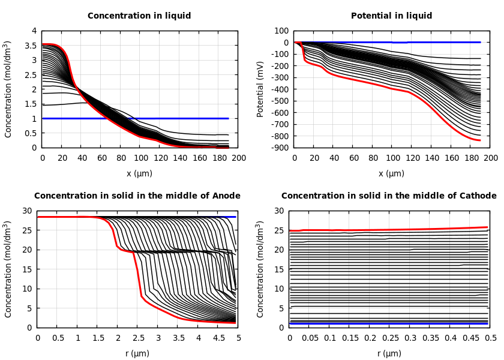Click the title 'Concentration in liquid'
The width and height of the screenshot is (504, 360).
[139, 16]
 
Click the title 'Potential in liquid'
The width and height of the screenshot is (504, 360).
[391, 16]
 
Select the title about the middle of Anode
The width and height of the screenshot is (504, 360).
[137, 196]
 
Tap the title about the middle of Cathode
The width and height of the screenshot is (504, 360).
[389, 196]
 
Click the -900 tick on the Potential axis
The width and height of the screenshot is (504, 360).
[281, 148]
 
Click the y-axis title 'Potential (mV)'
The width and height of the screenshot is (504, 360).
[260, 89]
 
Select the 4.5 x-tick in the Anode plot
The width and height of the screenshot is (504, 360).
[218, 338]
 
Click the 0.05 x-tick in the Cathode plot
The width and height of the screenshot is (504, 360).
[310, 338]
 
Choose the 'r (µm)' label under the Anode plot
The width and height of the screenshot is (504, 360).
[137, 353]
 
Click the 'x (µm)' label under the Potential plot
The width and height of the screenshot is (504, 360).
[391, 173]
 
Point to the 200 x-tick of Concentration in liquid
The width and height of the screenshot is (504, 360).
[239, 158]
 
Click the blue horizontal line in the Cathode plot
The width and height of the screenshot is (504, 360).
[390, 324]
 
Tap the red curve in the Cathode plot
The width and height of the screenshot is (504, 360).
[390, 230]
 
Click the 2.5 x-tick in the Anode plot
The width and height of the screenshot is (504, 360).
[137, 338]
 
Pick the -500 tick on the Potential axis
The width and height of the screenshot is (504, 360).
[281, 101]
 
